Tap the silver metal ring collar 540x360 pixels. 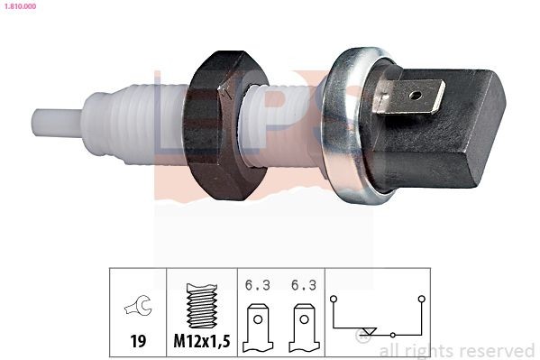point(347,126)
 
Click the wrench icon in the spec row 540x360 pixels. point(138,309)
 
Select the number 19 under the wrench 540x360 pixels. point(138,343)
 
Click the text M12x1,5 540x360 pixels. point(200,343)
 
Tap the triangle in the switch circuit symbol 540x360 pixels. point(363,331)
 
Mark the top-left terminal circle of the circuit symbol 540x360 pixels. point(334,297)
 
